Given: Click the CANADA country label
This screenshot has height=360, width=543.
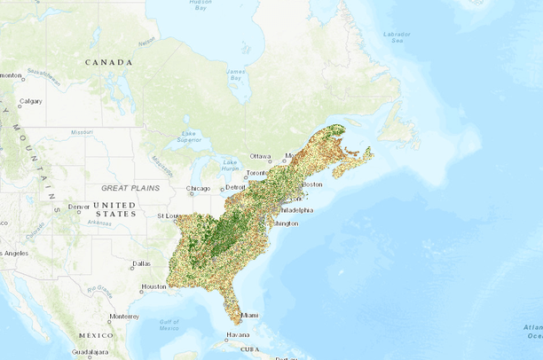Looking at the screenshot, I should [108, 62].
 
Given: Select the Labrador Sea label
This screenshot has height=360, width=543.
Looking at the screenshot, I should [397, 37].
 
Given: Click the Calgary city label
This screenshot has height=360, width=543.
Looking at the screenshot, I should [30, 101].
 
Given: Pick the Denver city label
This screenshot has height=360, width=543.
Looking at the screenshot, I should [78, 207].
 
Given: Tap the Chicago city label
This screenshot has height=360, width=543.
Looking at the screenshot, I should [199, 189].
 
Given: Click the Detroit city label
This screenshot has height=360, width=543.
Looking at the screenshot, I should [235, 188].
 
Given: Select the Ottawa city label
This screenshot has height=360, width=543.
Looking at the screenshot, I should [260, 156].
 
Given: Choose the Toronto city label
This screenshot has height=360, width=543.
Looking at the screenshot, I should [256, 172].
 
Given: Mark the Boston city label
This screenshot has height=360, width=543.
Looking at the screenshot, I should [311, 184].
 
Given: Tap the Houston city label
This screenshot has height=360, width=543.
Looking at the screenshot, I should [153, 286].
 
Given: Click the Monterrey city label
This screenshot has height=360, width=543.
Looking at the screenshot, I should [124, 316].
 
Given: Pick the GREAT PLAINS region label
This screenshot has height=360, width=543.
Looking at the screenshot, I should [130, 188].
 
